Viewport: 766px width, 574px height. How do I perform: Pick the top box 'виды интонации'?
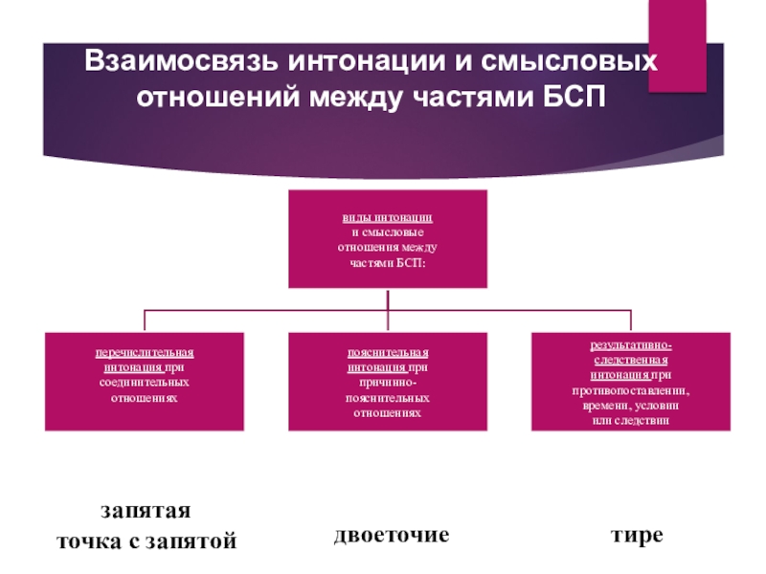[x=388, y=239]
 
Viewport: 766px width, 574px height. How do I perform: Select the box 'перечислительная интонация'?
[x=144, y=381]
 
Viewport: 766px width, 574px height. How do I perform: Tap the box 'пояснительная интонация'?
[x=388, y=381]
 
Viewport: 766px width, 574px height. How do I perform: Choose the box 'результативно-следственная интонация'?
[x=630, y=381]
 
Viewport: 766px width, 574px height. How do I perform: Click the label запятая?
[x=146, y=508]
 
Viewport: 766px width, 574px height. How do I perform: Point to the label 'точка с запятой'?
[x=146, y=541]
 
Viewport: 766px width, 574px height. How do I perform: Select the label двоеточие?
[x=392, y=534]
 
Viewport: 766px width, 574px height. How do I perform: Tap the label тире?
[x=638, y=534]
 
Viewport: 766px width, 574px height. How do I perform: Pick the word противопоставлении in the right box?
[x=630, y=392]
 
